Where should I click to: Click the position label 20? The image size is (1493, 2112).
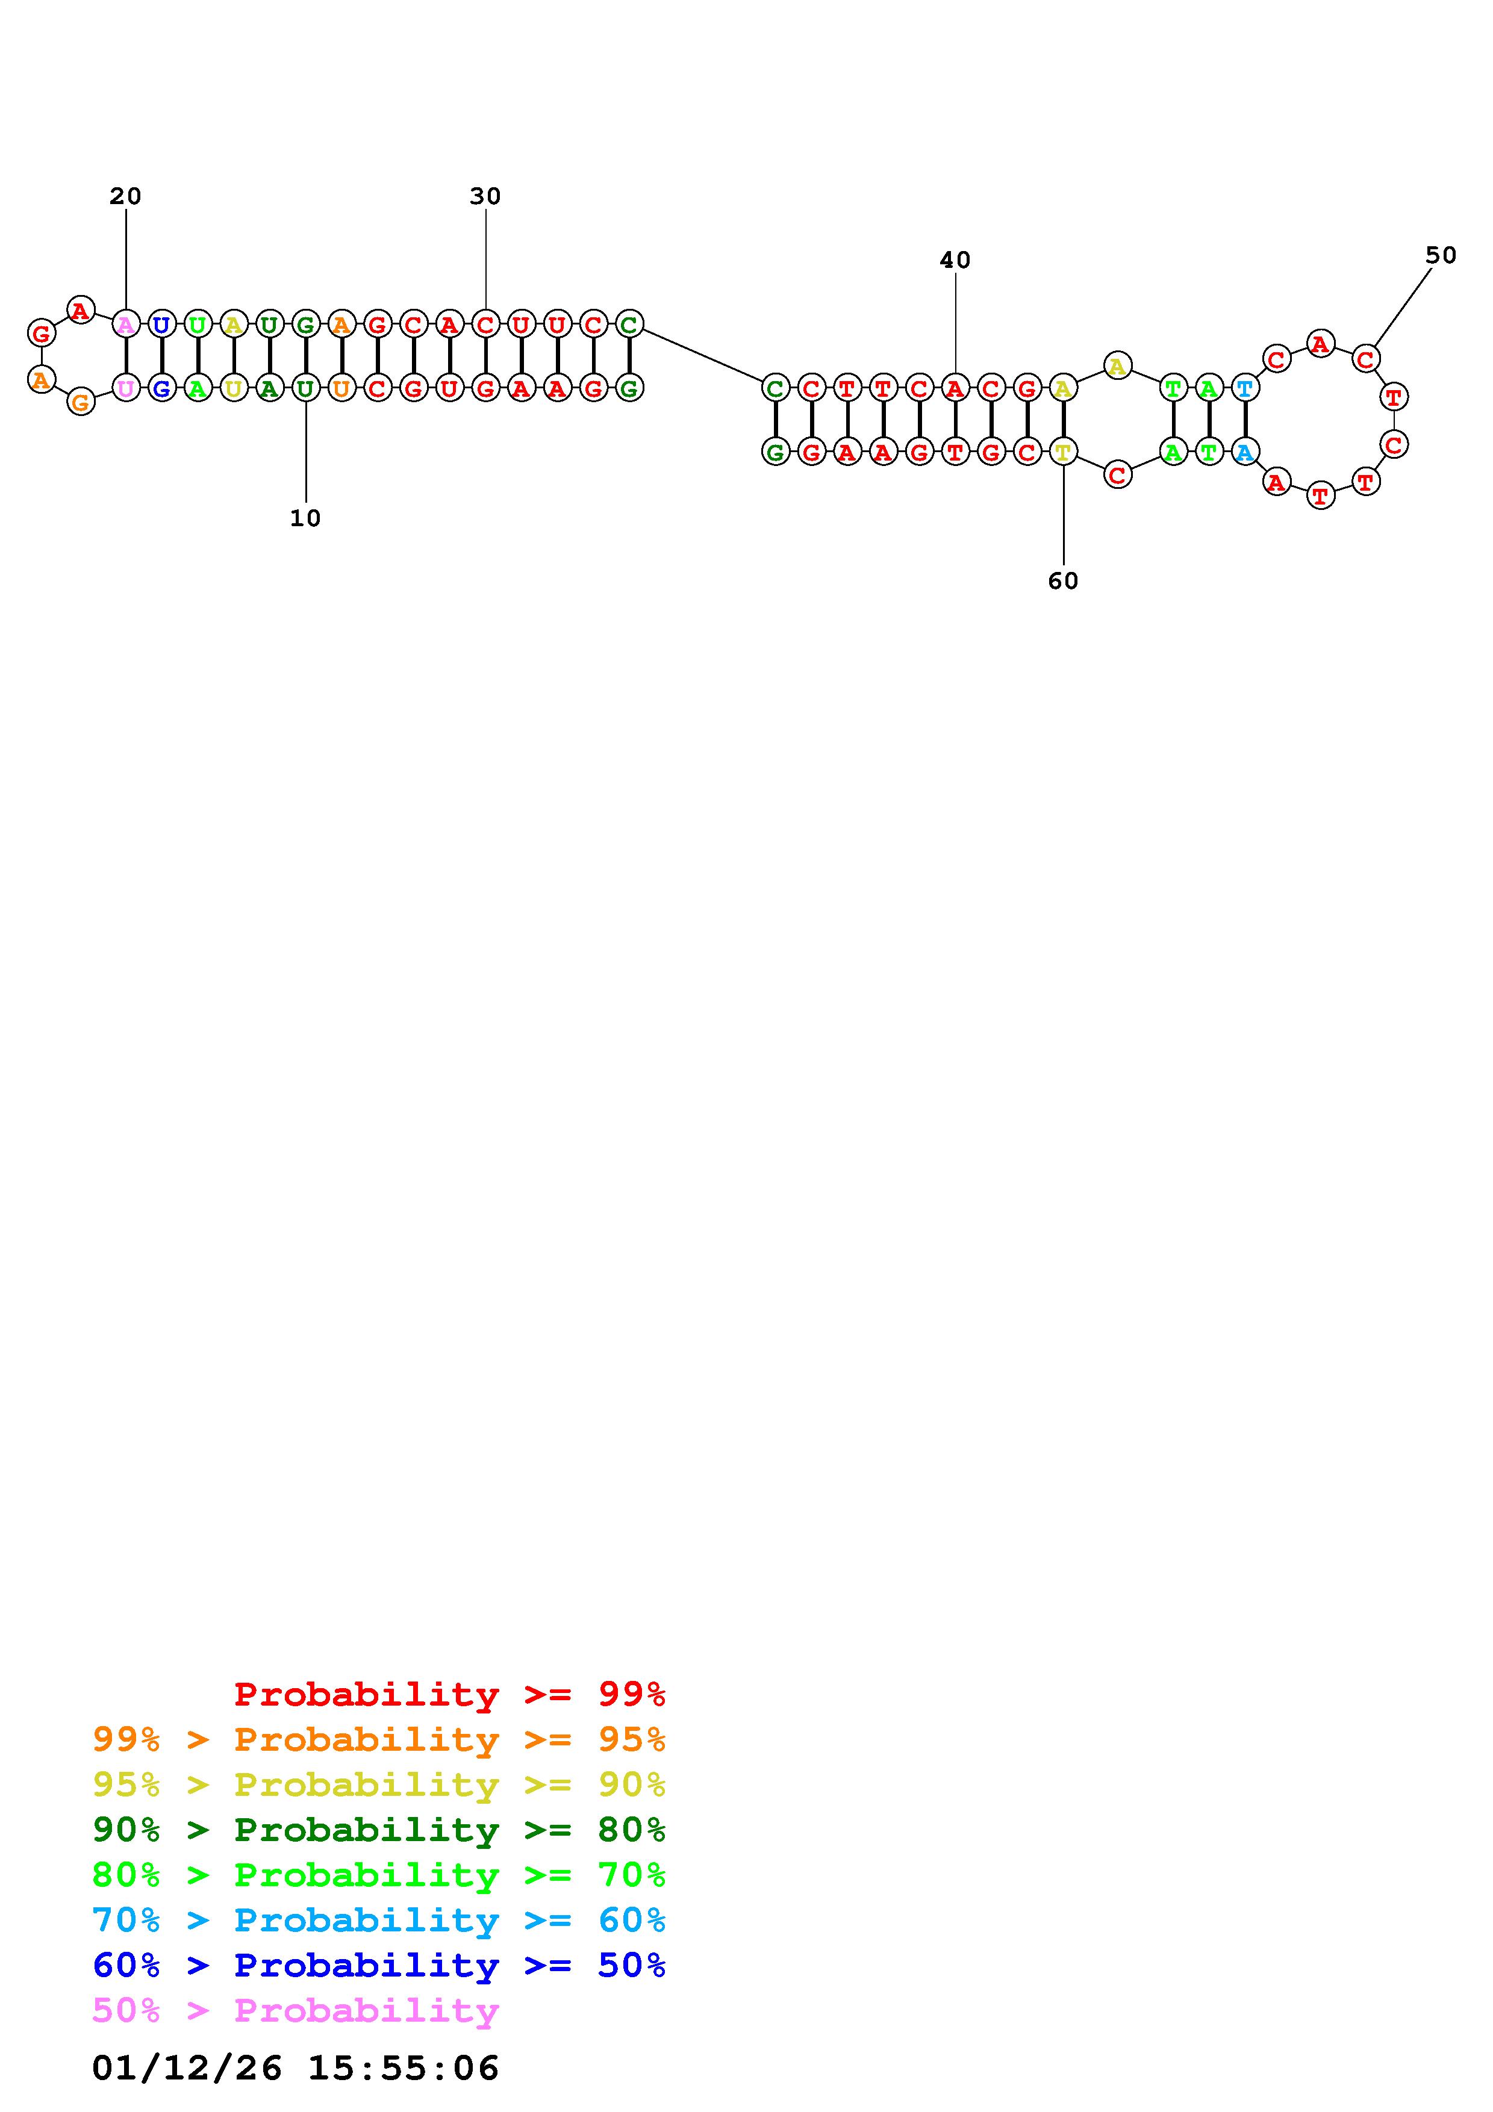coord(126,196)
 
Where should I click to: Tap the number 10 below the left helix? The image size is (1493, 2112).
coord(305,519)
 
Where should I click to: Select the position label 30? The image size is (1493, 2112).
coord(485,196)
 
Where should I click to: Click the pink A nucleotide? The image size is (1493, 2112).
coord(126,324)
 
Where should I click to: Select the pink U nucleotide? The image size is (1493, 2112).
coord(126,388)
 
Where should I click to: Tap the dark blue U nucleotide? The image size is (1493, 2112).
coord(162,324)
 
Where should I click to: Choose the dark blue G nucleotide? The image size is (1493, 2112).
coord(162,388)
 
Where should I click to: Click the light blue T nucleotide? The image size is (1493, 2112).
coord(1245,388)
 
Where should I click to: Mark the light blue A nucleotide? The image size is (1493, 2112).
coord(1245,452)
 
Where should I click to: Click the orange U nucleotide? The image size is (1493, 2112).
coord(341,388)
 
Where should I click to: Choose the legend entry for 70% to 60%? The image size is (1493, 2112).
coord(379,1921)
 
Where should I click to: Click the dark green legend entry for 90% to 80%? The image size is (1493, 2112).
coord(379,1830)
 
